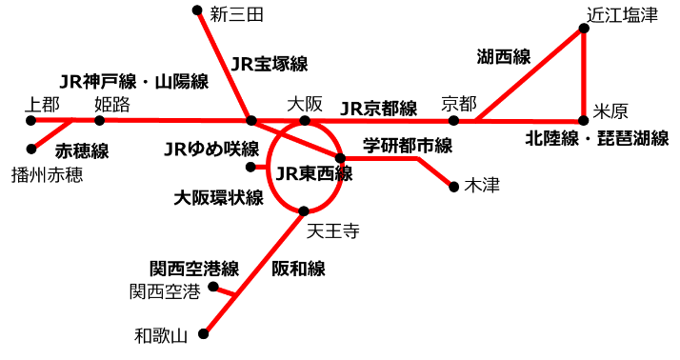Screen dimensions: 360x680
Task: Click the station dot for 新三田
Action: click(197, 11)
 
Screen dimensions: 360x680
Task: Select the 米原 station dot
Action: click(585, 120)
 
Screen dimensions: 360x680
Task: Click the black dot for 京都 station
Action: click(453, 120)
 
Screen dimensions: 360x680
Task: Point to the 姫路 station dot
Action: click(99, 120)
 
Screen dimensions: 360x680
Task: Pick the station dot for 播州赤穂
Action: click(32, 149)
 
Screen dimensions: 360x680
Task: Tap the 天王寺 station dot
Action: click(304, 210)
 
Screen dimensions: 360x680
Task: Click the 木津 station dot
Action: click(453, 187)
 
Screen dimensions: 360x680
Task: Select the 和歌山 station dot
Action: click(204, 333)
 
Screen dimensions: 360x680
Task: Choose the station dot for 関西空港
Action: click(213, 287)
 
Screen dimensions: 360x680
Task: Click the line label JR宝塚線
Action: click(270, 65)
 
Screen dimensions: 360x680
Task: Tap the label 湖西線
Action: click(503, 56)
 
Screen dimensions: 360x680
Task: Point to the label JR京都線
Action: click(378, 108)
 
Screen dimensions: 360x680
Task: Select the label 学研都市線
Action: click(408, 146)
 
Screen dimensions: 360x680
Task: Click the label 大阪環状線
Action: click(218, 198)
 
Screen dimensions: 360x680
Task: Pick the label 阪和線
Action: click(298, 269)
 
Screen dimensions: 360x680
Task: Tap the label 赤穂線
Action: click(82, 150)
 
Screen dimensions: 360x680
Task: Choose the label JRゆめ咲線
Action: click(211, 149)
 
